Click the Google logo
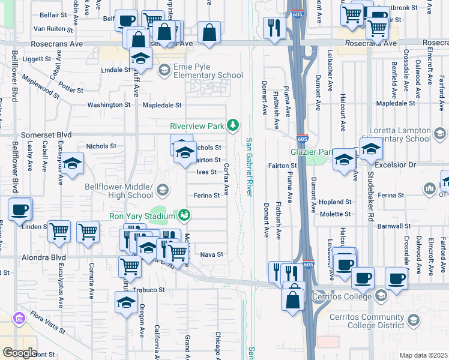tap(20, 352)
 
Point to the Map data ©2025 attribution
tap(423, 355)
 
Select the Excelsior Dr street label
tap(409, 164)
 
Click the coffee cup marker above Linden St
tap(19, 209)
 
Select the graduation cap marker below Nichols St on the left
tap(72, 163)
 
